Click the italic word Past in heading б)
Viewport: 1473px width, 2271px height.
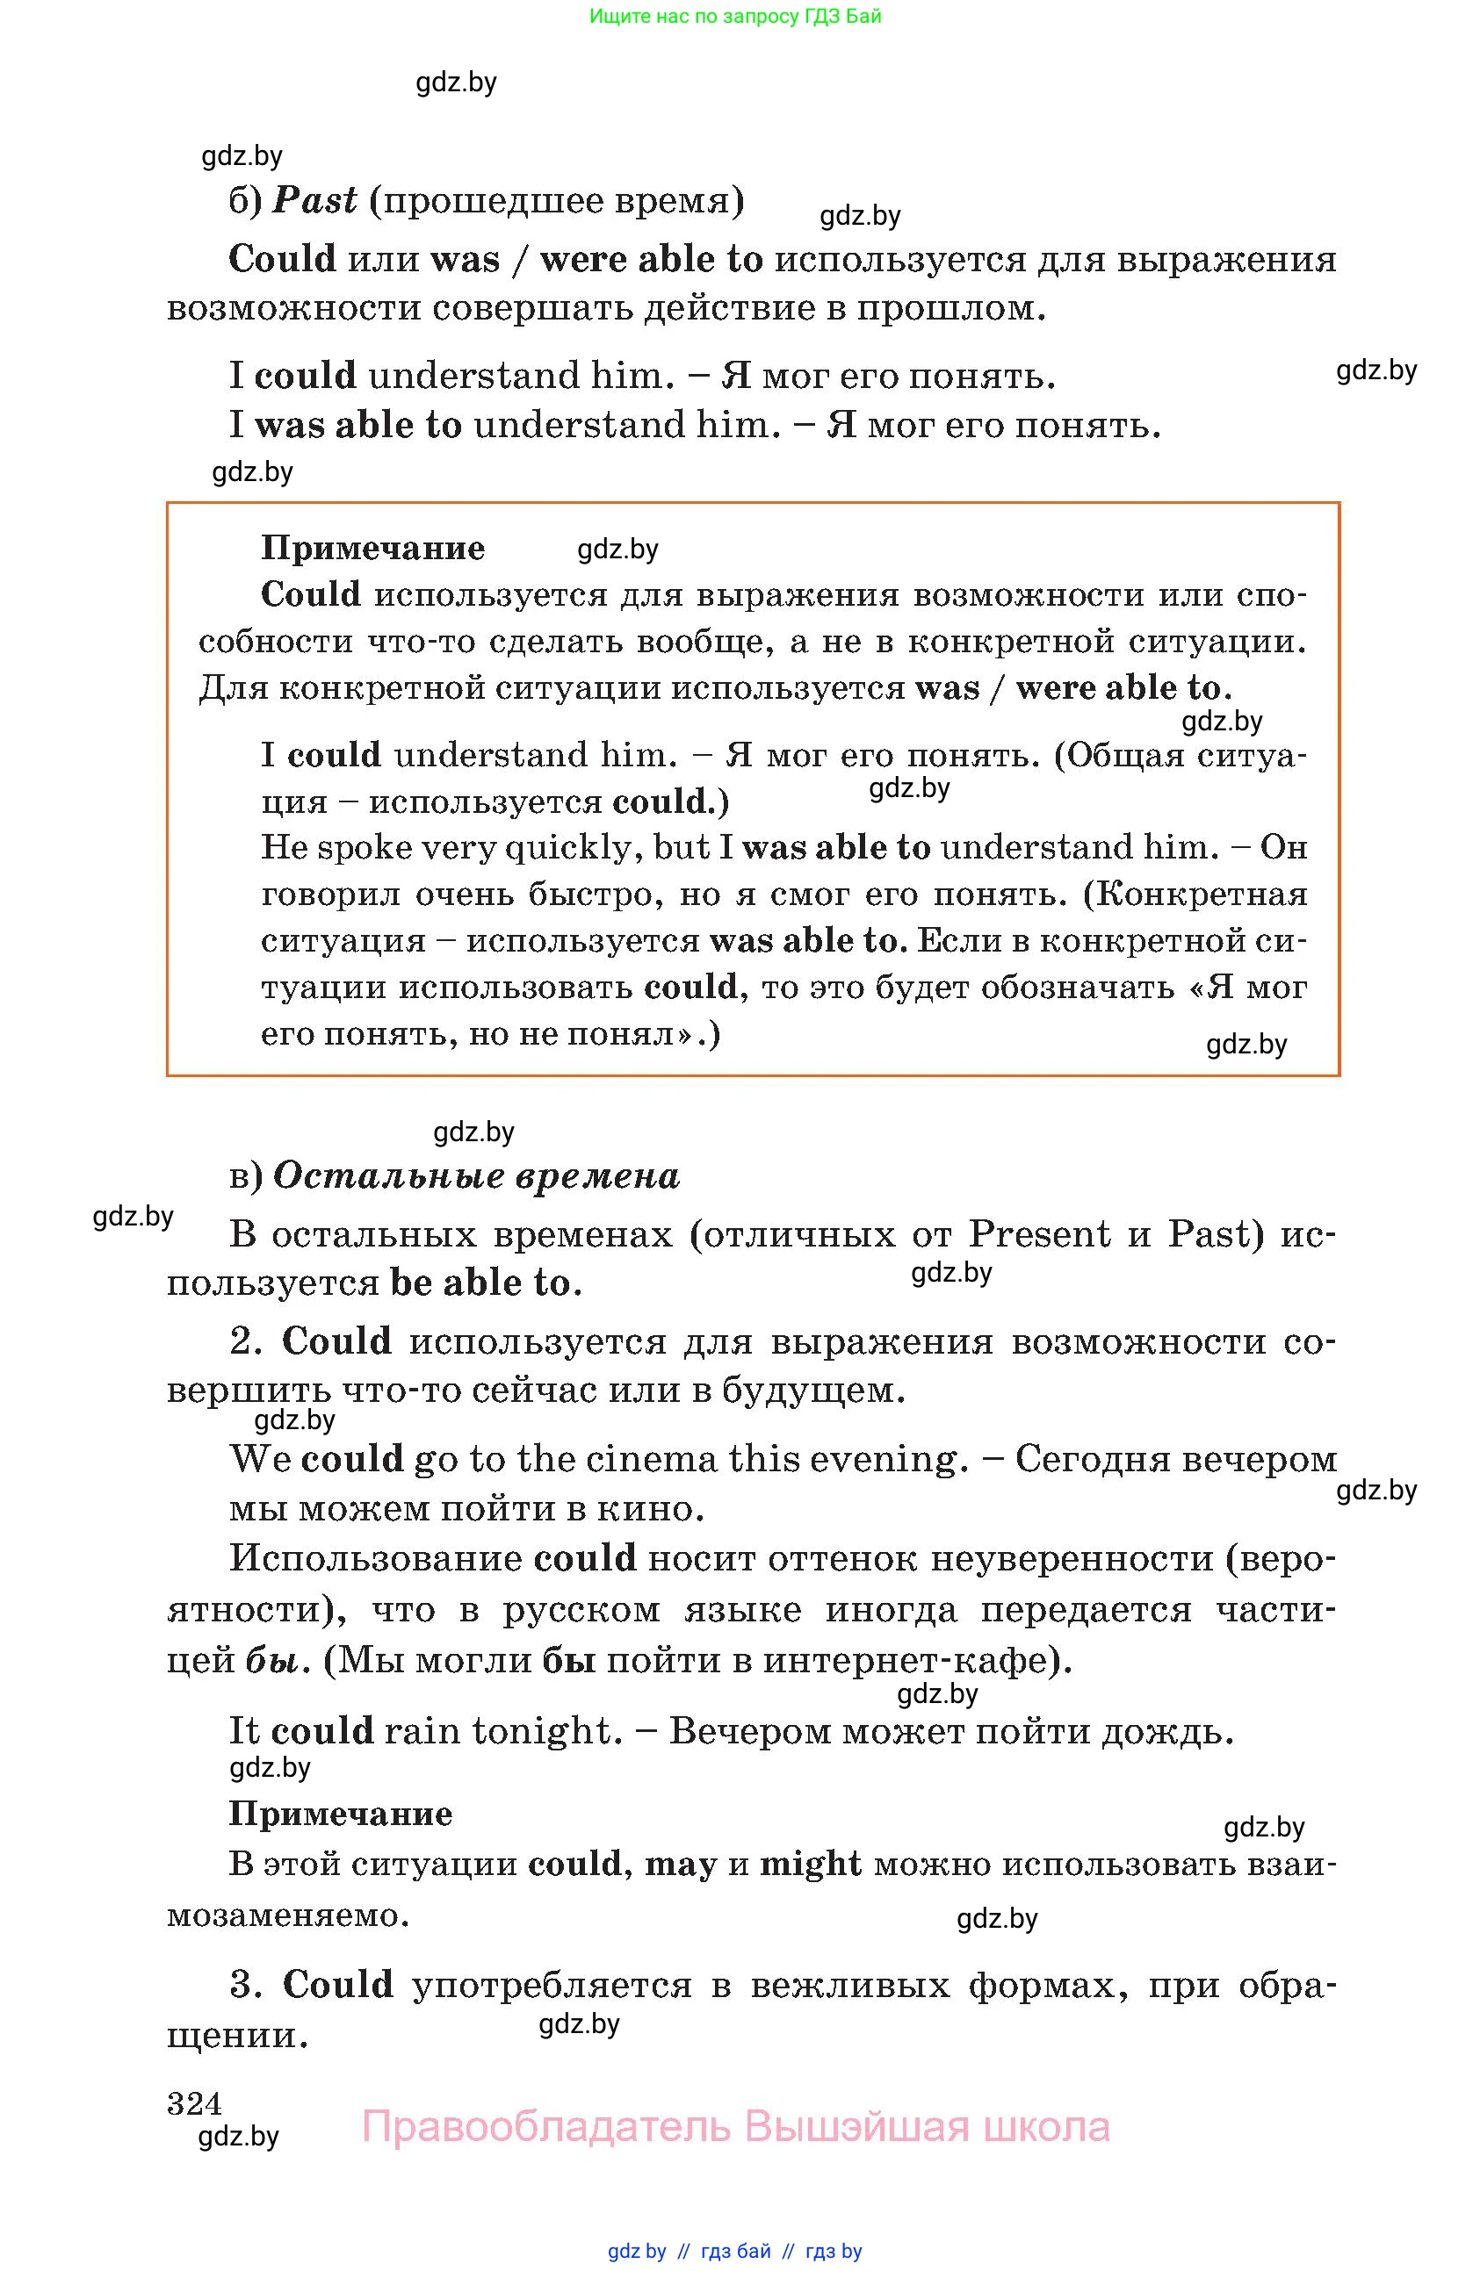pyautogui.click(x=314, y=201)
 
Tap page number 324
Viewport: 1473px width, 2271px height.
pyautogui.click(x=194, y=2102)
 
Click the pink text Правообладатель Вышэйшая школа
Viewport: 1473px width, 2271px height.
pyautogui.click(x=735, y=2127)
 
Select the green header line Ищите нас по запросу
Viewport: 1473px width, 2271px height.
pyautogui.click(x=735, y=16)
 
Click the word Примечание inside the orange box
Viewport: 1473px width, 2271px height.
pyautogui.click(x=372, y=548)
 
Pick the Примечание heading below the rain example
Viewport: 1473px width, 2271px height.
pyautogui.click(x=340, y=1813)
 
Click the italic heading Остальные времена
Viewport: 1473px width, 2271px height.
pyautogui.click(x=476, y=1175)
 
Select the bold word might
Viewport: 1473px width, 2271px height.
pyautogui.click(x=810, y=1864)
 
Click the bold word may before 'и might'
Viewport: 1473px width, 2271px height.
pyautogui.click(x=681, y=1864)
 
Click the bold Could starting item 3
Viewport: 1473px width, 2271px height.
pyautogui.click(x=338, y=1984)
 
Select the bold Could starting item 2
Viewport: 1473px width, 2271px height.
pyautogui.click(x=337, y=1340)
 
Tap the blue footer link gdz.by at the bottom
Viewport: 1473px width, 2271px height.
pyautogui.click(x=637, y=2250)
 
